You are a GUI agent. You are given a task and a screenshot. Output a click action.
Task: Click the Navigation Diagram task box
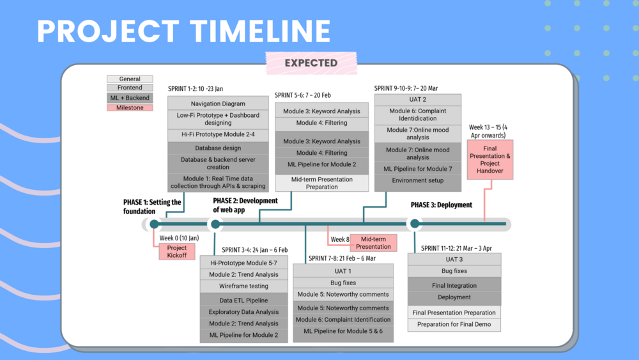218,104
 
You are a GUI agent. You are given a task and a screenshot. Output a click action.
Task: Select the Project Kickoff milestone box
176,251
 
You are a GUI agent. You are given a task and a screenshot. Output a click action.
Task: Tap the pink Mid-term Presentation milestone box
373,243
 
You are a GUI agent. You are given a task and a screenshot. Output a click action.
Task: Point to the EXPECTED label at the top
311,63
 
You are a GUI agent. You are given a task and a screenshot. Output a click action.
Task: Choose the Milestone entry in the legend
130,107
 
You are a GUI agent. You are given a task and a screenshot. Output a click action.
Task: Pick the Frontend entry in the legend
130,88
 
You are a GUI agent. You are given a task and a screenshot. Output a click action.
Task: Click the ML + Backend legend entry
130,98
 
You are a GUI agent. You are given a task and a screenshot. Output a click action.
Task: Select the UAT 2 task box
417,100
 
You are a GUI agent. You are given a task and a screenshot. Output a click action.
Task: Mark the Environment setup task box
417,180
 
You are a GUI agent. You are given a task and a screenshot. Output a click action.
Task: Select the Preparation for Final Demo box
454,325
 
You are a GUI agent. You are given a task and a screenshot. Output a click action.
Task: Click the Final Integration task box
454,286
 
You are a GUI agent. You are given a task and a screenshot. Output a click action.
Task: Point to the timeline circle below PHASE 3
415,224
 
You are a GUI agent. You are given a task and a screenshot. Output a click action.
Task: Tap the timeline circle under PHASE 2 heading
216,224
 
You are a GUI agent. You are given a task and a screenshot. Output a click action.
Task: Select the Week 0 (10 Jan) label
179,238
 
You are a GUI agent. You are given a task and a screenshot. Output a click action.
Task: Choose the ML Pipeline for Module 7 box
417,169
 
